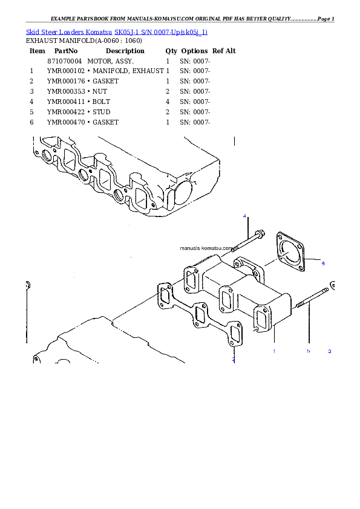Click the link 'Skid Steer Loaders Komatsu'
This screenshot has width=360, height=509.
click(x=69, y=32)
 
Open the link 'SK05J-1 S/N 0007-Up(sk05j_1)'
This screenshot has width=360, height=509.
click(x=161, y=32)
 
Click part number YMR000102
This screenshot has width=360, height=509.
click(x=66, y=71)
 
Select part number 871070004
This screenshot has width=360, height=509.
click(x=64, y=61)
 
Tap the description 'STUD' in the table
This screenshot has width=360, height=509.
click(x=102, y=112)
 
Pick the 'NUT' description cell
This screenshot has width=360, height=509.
click(x=100, y=91)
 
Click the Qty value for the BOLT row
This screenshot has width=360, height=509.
click(x=168, y=102)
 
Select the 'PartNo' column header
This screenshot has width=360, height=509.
click(x=66, y=51)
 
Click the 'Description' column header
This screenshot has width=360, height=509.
click(x=125, y=51)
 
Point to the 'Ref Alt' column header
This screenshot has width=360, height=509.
click(x=224, y=51)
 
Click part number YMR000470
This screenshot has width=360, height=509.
click(x=66, y=122)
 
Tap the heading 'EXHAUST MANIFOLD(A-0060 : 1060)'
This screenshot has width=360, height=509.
click(x=84, y=41)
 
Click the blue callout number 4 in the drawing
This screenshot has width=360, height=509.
click(x=244, y=216)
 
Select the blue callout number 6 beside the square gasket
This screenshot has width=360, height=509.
click(x=323, y=263)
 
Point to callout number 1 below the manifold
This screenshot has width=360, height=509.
click(x=274, y=351)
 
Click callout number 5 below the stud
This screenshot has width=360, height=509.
click(x=309, y=351)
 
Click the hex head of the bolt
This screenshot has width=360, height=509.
click(x=260, y=234)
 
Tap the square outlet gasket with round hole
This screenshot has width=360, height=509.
click(x=290, y=251)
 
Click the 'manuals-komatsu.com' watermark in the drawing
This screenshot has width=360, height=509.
click(x=206, y=248)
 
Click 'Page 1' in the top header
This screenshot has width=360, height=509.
click(x=326, y=19)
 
